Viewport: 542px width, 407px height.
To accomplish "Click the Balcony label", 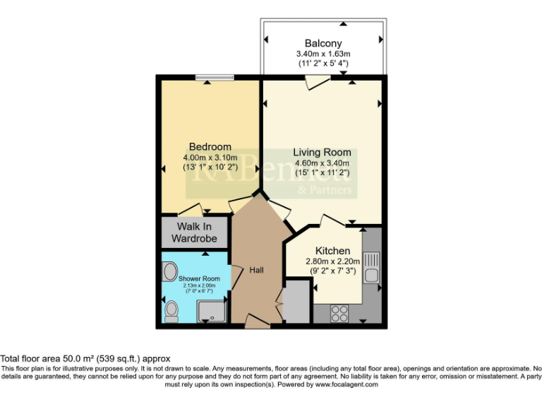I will (324, 42).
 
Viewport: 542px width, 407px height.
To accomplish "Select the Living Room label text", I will (322, 152).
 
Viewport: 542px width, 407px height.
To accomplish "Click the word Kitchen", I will (332, 251).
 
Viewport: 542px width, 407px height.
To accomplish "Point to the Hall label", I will (257, 270).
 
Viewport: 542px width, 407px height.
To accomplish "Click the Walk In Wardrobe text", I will (194, 232).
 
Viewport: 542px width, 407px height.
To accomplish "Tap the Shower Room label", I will (199, 279).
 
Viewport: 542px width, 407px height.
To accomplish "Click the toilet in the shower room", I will (171, 311).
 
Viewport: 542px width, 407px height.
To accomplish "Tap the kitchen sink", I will (372, 267).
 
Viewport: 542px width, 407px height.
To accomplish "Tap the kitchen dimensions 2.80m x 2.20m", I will (332, 261).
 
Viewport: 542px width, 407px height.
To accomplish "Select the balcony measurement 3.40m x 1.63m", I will (324, 54).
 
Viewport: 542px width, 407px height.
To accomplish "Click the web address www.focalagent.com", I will (347, 385).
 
